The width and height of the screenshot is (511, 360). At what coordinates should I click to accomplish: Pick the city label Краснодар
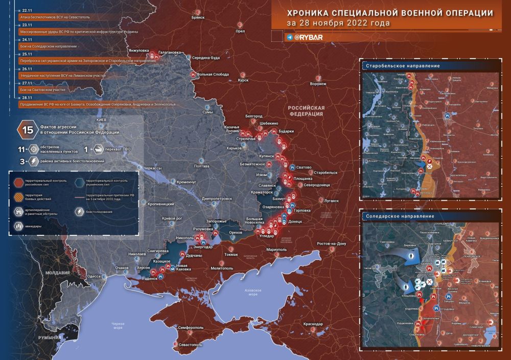312,324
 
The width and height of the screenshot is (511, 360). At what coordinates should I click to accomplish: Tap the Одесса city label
94,276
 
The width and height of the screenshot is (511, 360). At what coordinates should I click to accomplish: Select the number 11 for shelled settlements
21,150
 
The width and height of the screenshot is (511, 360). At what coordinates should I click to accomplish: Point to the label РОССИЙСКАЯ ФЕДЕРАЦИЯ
306,111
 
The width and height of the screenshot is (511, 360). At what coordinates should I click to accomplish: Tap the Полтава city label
202,166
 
